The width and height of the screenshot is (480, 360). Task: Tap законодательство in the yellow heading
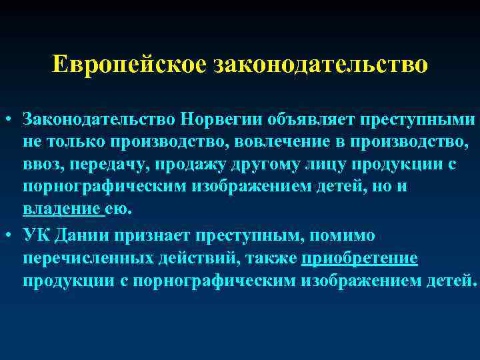(x=320, y=65)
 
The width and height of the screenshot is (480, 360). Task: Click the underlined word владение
(x=63, y=209)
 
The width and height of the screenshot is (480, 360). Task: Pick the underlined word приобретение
(x=360, y=258)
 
